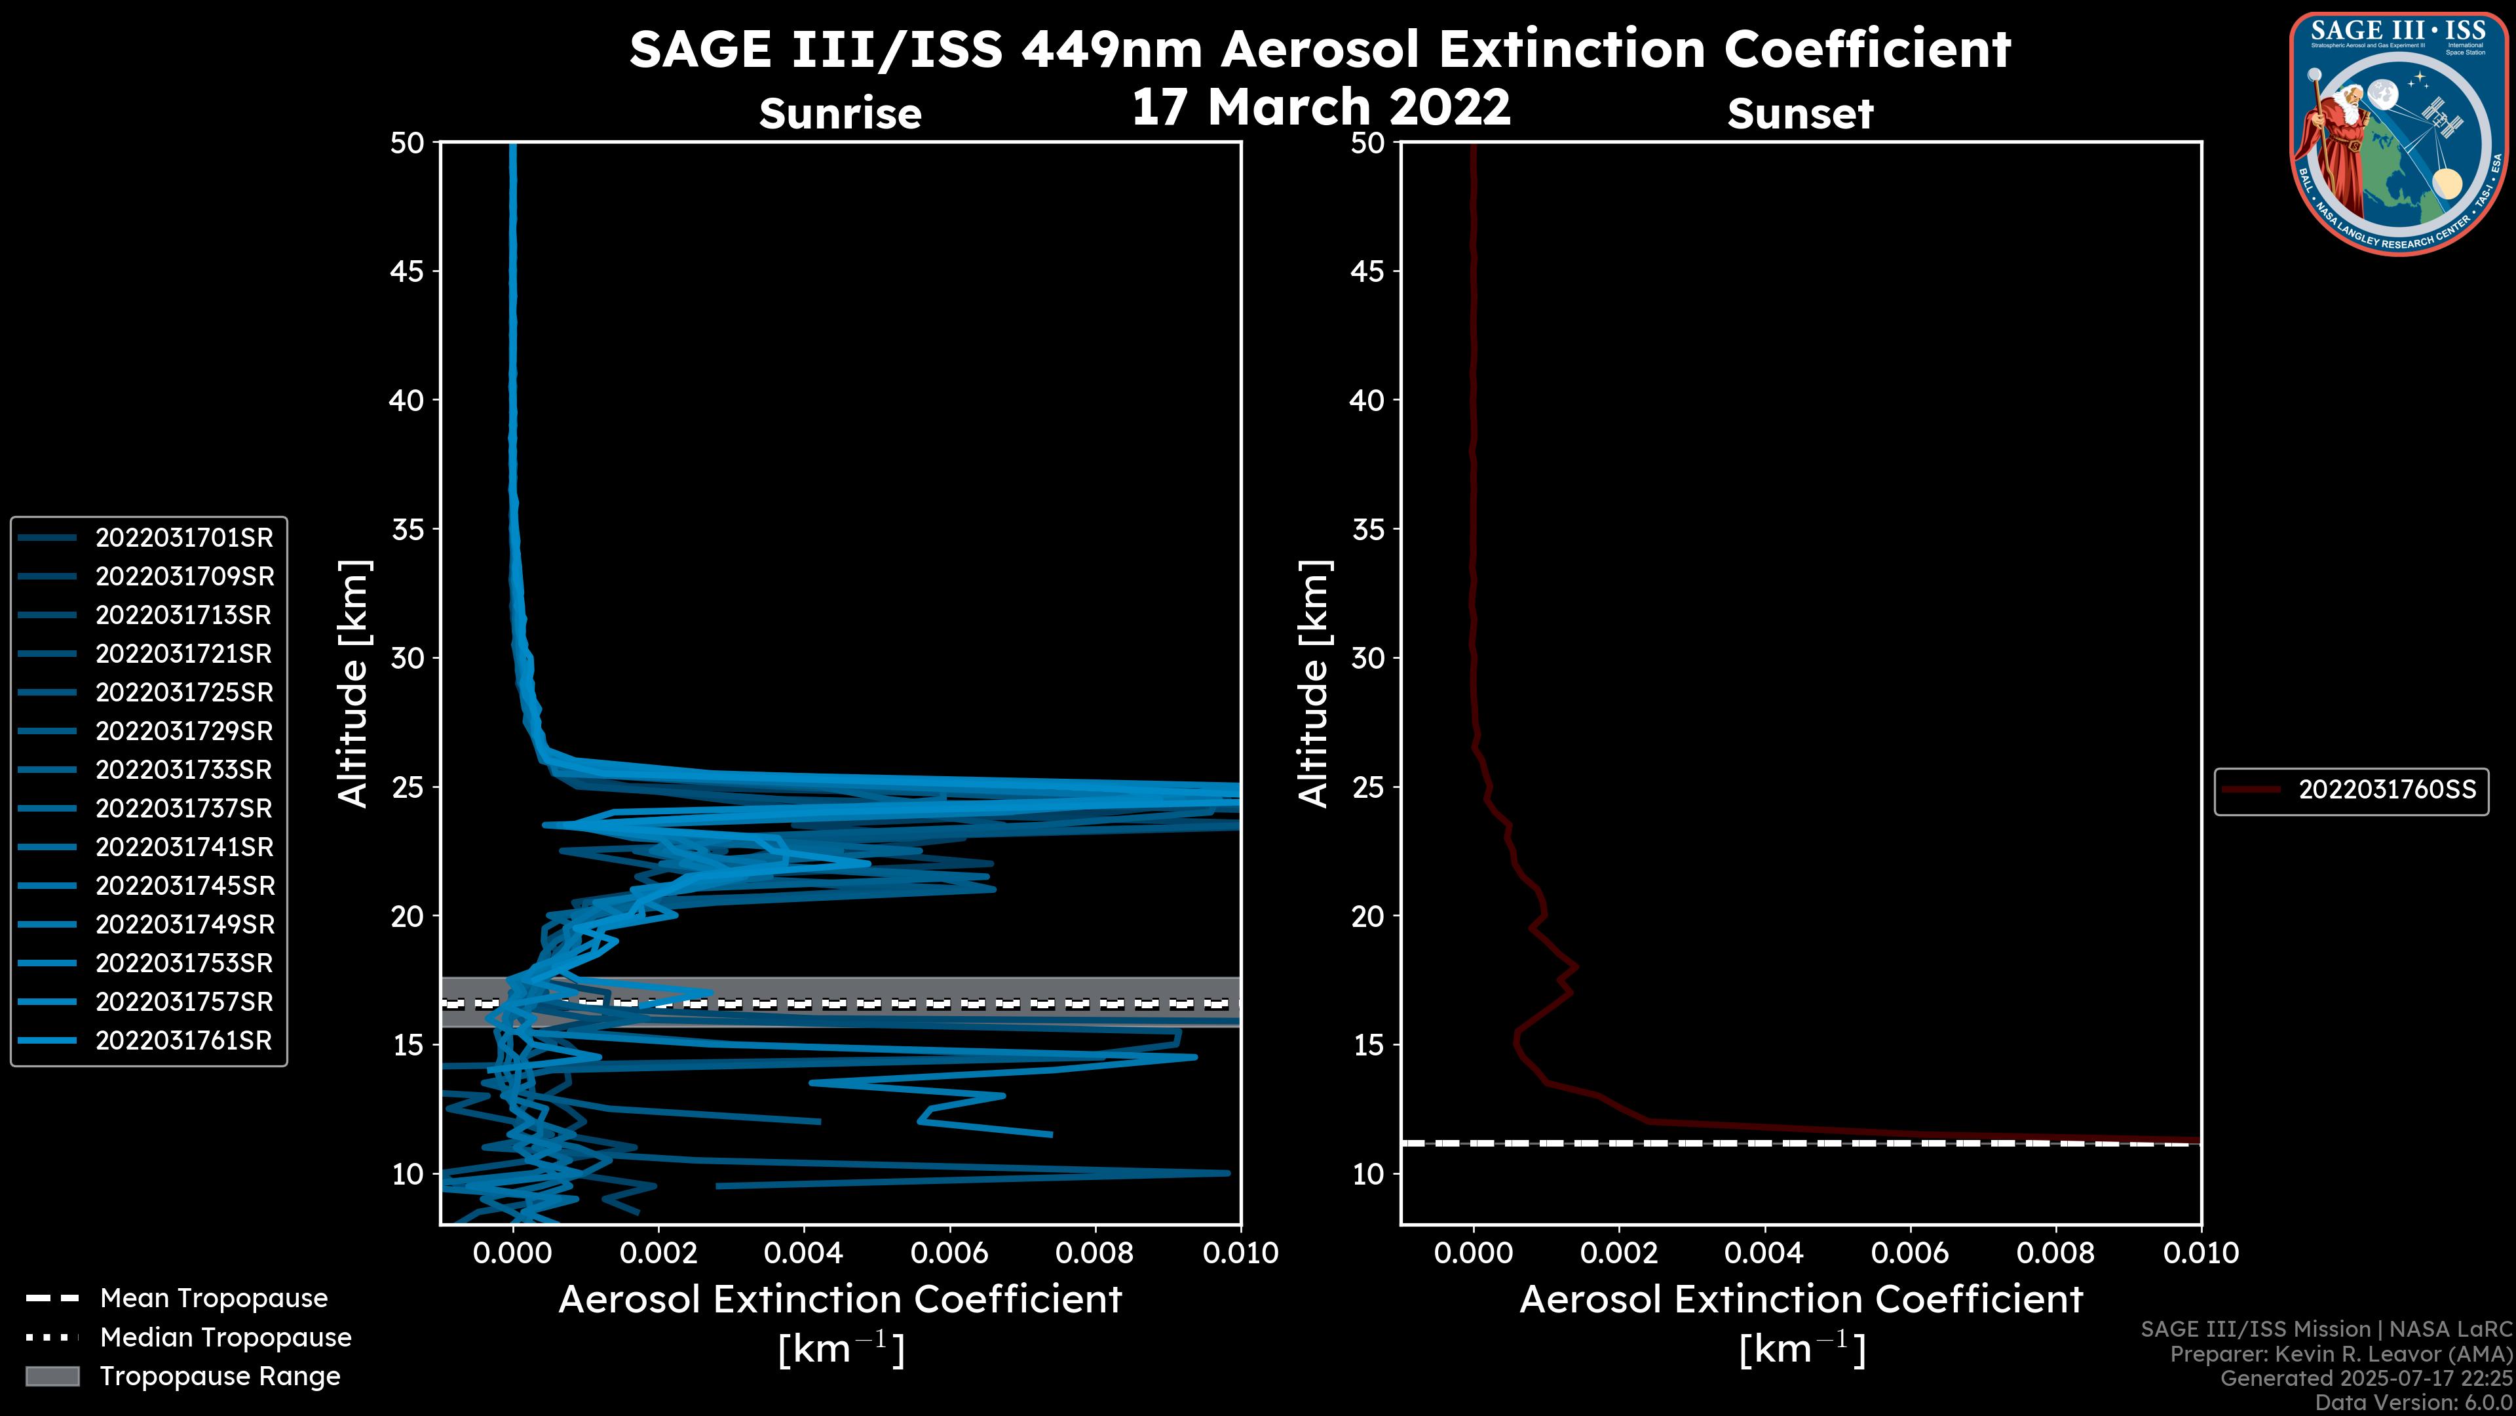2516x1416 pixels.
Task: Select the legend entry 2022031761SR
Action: (183, 1041)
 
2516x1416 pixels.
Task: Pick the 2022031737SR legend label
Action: (183, 809)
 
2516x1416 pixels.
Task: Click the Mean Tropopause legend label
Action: (214, 1299)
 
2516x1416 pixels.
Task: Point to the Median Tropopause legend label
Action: (225, 1338)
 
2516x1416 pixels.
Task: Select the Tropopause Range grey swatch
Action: (52, 1377)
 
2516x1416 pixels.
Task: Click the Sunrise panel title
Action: (840, 113)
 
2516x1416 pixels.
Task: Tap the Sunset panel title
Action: (1800, 114)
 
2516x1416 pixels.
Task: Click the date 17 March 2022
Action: (1320, 106)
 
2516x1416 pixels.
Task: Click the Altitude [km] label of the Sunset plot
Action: (1314, 683)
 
